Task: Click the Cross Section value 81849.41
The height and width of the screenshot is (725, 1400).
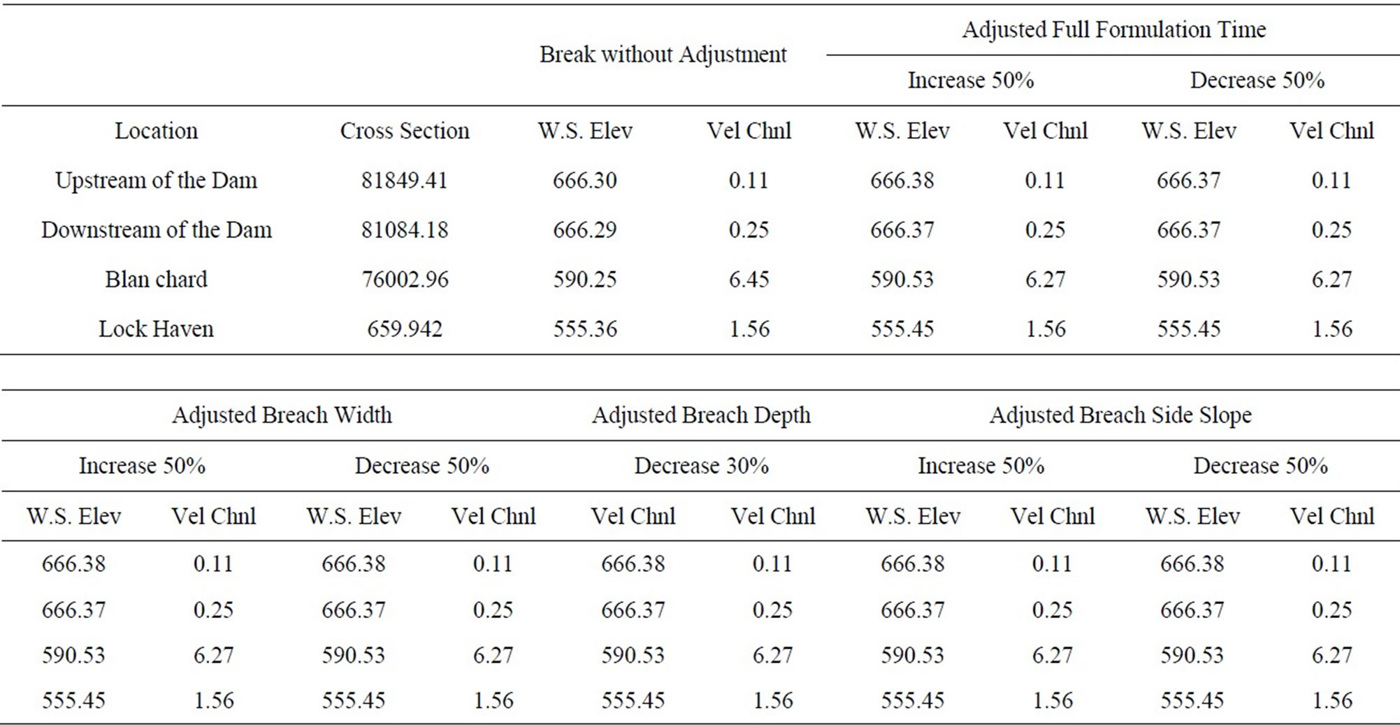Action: [404, 180]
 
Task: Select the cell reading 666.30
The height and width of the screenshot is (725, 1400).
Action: [584, 180]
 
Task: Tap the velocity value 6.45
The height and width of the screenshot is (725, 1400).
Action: [749, 280]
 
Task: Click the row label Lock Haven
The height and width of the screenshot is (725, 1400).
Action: [156, 329]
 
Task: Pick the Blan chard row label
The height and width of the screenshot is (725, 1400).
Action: [156, 280]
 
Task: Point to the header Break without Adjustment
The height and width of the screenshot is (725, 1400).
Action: [663, 55]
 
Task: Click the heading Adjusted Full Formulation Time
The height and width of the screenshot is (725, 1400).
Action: [1113, 29]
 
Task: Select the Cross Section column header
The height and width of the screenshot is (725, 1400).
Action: [404, 131]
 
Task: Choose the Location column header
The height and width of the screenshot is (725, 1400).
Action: [156, 131]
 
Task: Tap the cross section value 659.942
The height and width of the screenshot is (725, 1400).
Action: [404, 329]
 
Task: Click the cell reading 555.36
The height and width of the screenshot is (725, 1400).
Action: [584, 329]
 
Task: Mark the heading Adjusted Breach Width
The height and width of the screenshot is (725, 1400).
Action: [282, 415]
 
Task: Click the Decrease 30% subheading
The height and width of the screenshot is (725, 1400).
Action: [701, 466]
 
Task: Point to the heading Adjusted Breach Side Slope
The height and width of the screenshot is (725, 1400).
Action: [1120, 415]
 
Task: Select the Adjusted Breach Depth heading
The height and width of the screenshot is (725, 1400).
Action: [701, 415]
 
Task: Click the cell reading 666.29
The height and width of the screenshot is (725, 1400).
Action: [584, 230]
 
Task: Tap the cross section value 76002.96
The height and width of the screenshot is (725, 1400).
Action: [404, 280]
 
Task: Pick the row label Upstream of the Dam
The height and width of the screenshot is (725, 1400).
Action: [156, 180]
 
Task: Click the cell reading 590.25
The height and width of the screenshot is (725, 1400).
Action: [584, 280]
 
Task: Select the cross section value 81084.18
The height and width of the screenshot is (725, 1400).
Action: [404, 230]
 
